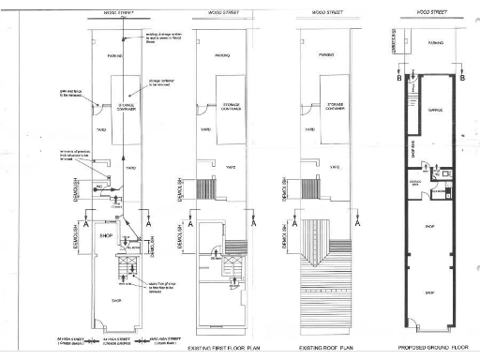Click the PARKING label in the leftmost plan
coord(116,55)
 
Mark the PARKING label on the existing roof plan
coord(326,55)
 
